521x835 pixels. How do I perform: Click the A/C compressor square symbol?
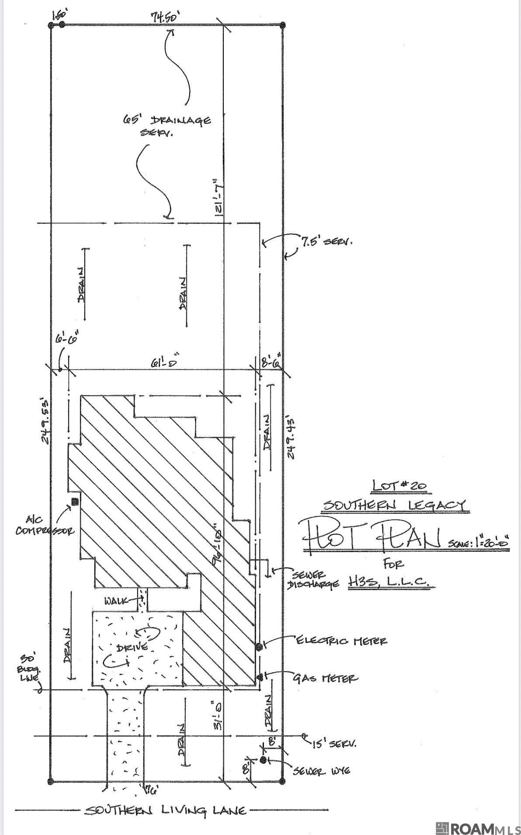pos(75,501)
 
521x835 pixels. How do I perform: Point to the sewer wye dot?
pos(263,760)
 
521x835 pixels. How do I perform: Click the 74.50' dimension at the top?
pos(165,17)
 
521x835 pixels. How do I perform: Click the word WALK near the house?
pos(116,601)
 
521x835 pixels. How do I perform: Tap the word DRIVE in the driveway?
pos(132,647)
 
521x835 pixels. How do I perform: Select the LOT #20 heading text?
pos(399,485)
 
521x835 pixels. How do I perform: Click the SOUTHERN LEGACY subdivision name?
pos(394,505)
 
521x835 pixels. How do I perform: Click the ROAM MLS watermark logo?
pos(478,828)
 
